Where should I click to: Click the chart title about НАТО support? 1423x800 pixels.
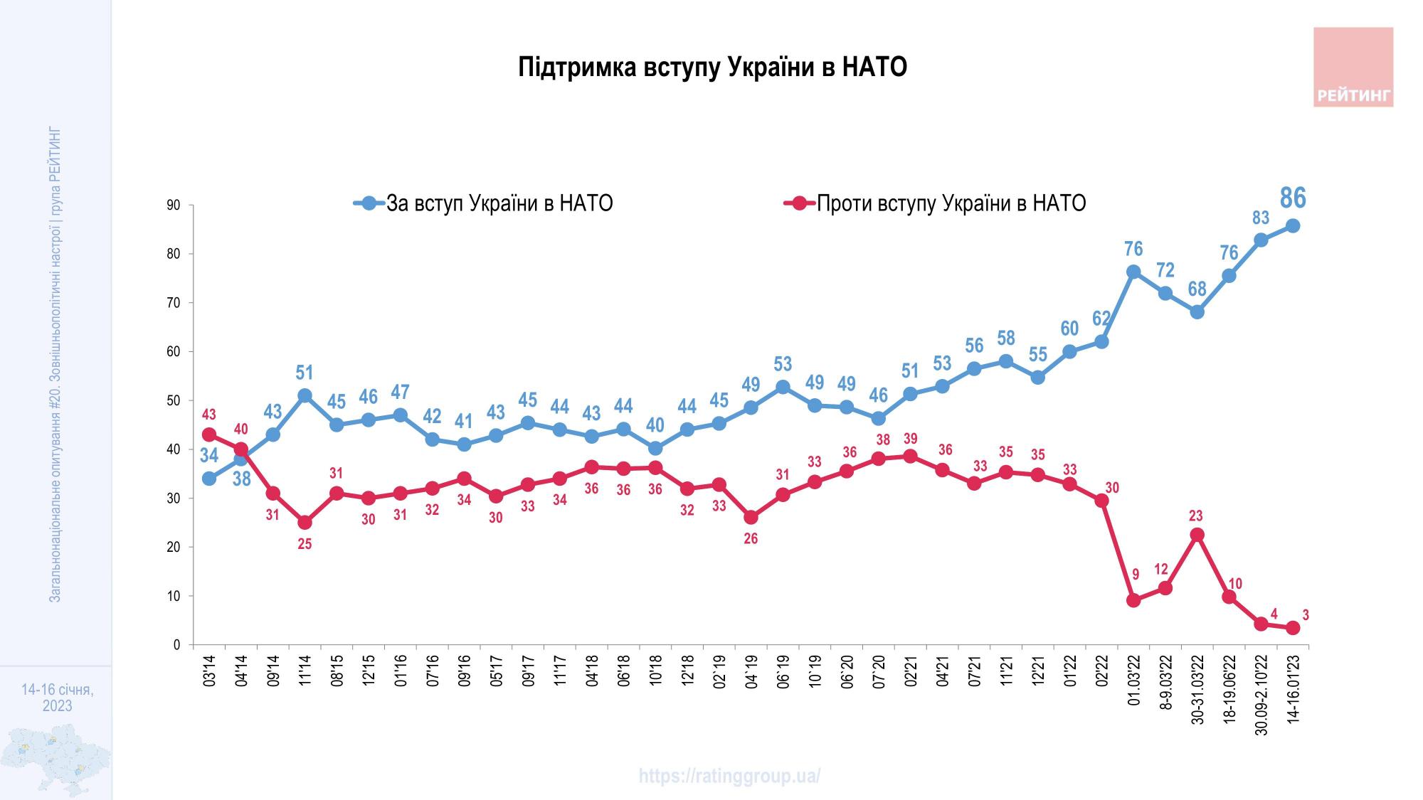pyautogui.click(x=712, y=68)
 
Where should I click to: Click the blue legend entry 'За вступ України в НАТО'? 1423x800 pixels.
pyautogui.click(x=498, y=203)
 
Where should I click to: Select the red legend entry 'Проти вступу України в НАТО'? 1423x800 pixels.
pyautogui.click(x=951, y=203)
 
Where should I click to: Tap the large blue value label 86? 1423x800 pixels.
pyautogui.click(x=1293, y=198)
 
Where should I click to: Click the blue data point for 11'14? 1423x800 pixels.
pyautogui.click(x=305, y=395)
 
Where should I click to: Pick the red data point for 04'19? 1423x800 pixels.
pyautogui.click(x=751, y=517)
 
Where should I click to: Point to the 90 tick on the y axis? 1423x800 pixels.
pyautogui.click(x=174, y=206)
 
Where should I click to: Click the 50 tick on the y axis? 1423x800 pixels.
pyautogui.click(x=174, y=401)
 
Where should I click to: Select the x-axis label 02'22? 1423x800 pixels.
pyautogui.click(x=1102, y=672)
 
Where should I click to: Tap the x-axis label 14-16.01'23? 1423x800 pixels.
pyautogui.click(x=1294, y=688)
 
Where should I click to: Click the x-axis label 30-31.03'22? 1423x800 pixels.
pyautogui.click(x=1198, y=688)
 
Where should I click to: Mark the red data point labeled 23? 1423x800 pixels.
pyautogui.click(x=1197, y=535)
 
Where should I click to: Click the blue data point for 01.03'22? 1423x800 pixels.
pyautogui.click(x=1133, y=272)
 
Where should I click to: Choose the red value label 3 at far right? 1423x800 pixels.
pyautogui.click(x=1306, y=615)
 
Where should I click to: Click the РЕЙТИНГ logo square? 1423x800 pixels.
pyautogui.click(x=1353, y=67)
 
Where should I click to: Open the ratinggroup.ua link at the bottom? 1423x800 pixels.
pyautogui.click(x=729, y=776)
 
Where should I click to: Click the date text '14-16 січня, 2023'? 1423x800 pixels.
pyautogui.click(x=57, y=698)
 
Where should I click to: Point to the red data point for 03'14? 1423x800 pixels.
pyautogui.click(x=209, y=434)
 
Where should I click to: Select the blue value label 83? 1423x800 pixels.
pyautogui.click(x=1261, y=218)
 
